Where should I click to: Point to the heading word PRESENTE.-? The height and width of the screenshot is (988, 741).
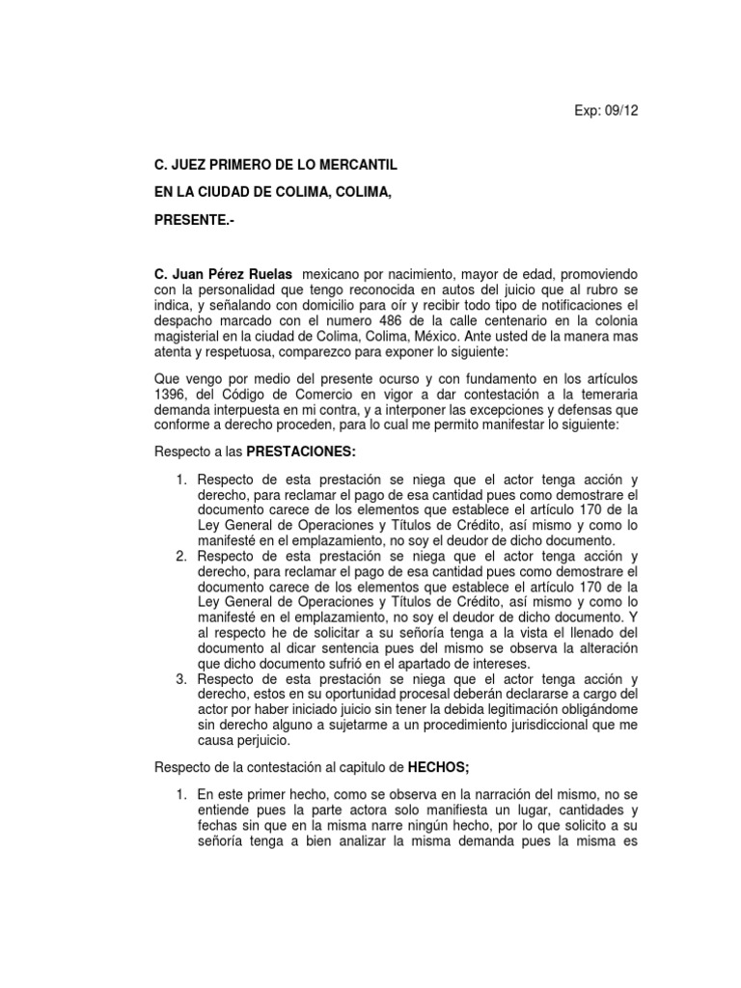tap(194, 220)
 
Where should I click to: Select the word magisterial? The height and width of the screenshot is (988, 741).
tap(190, 337)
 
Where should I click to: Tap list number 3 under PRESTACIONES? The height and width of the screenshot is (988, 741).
tap(180, 679)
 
